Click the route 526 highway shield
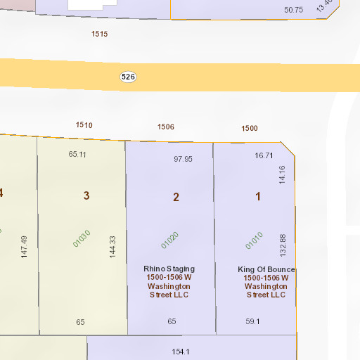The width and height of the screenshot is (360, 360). pyautogui.click(x=127, y=77)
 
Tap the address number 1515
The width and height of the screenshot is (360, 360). pyautogui.click(x=100, y=34)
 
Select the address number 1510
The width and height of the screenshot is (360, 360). pyautogui.click(x=84, y=125)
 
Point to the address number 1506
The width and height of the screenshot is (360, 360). pyautogui.click(x=166, y=127)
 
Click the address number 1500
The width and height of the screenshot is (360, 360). pyautogui.click(x=250, y=129)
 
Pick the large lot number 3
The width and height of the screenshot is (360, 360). pyautogui.click(x=86, y=196)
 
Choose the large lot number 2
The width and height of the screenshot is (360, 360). pyautogui.click(x=176, y=197)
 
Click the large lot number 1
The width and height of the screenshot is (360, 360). pyautogui.click(x=258, y=196)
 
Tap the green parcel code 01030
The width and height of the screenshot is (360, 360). pyautogui.click(x=82, y=239)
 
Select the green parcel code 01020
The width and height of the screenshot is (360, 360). pyautogui.click(x=170, y=240)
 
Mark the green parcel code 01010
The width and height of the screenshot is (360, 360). pyautogui.click(x=254, y=240)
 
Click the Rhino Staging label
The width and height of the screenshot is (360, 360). pyautogui.click(x=169, y=269)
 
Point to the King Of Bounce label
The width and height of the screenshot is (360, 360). pyautogui.click(x=266, y=270)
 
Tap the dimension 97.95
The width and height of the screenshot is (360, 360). pyautogui.click(x=183, y=160)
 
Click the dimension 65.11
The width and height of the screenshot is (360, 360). pyautogui.click(x=77, y=154)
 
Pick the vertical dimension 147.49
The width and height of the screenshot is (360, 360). pyautogui.click(x=25, y=247)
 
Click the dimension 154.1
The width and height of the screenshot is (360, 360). pyautogui.click(x=181, y=352)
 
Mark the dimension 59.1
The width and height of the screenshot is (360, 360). pyautogui.click(x=252, y=321)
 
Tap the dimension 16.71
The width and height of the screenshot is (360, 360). pyautogui.click(x=264, y=156)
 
